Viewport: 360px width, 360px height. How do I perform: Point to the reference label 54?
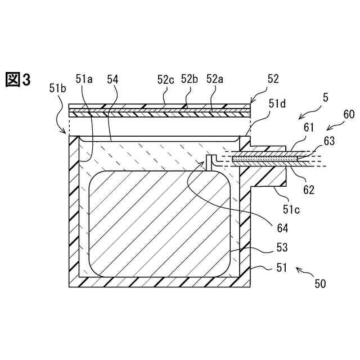[x=112, y=80]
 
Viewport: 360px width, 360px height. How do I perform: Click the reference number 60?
[x=348, y=115]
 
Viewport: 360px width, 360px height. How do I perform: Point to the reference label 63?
[x=328, y=141]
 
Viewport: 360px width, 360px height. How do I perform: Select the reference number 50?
[x=319, y=284]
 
